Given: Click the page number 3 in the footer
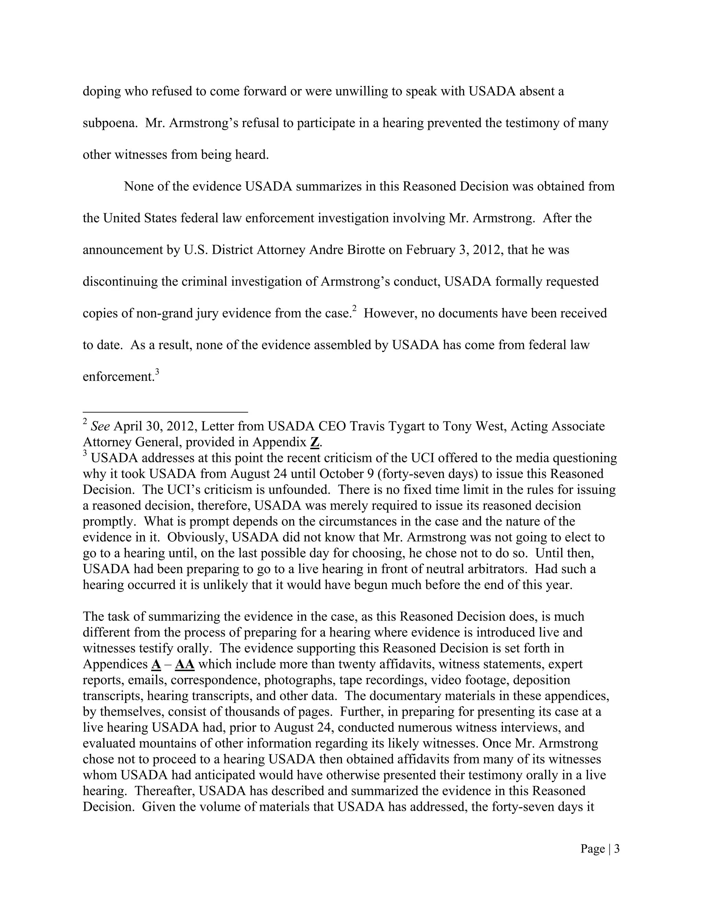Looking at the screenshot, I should pyautogui.click(x=617, y=849).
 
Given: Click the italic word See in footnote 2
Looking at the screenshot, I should pyautogui.click(x=100, y=426).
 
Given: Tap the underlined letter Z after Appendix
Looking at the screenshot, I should pyautogui.click(x=314, y=442).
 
